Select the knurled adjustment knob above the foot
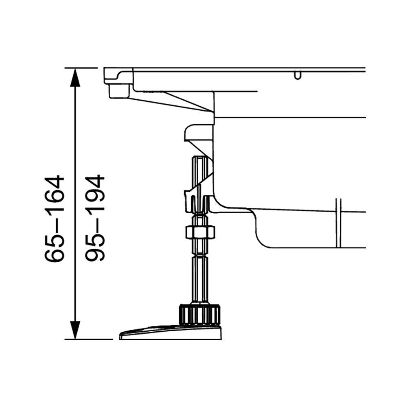point(199,314)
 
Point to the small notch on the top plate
point(298,76)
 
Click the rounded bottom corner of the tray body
point(260,240)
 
